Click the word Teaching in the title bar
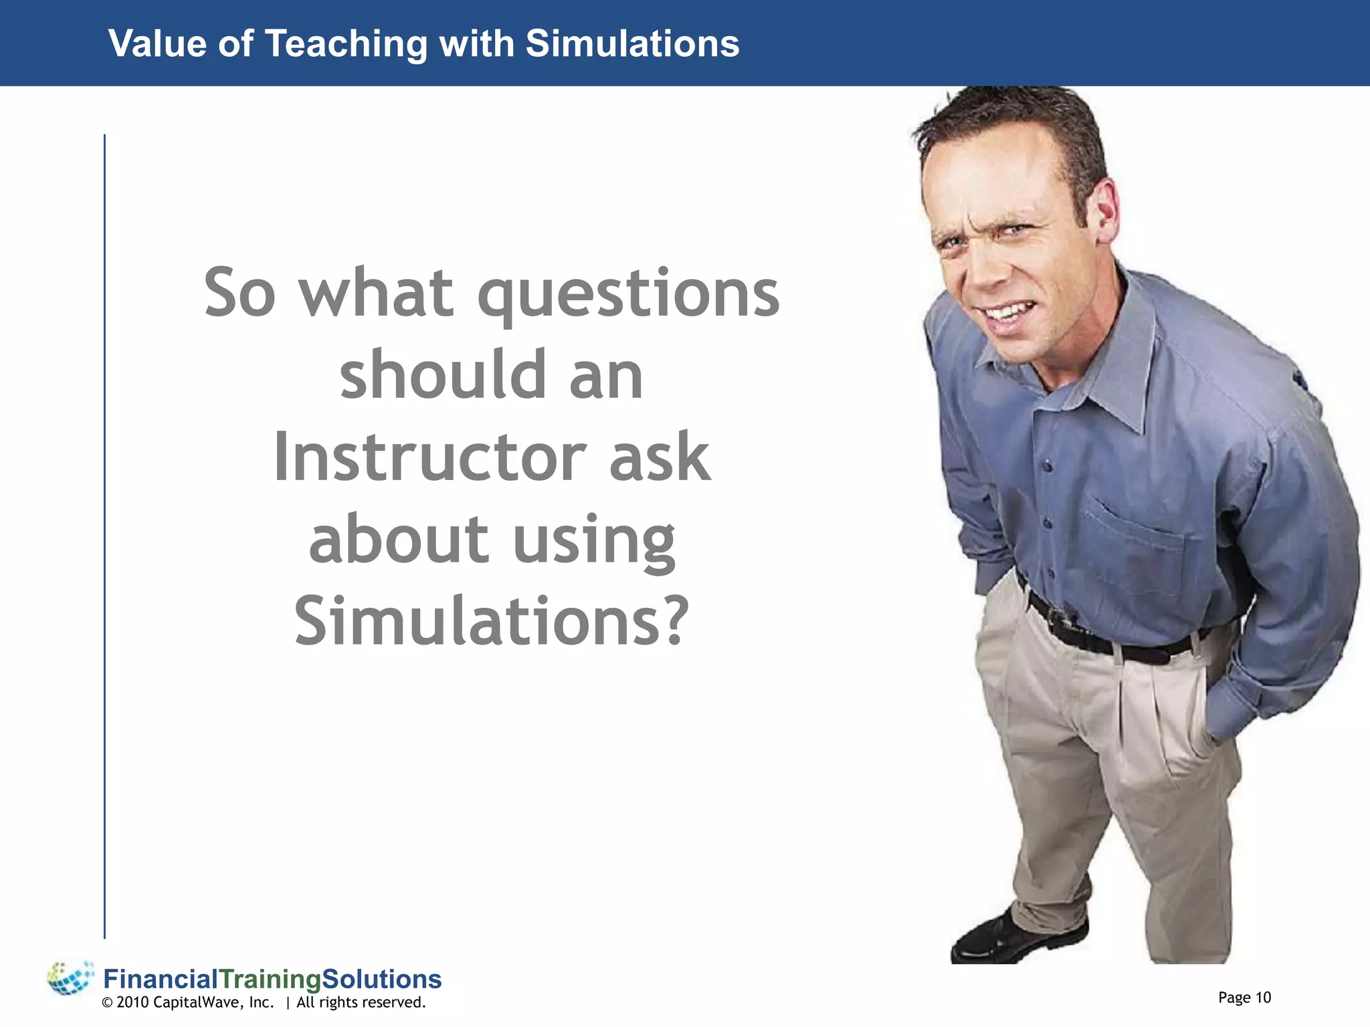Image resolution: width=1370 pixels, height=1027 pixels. (346, 44)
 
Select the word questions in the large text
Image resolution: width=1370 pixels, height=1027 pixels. (628, 295)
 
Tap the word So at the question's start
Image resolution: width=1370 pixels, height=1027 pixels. (239, 294)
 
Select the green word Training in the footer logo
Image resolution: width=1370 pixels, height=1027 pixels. (270, 980)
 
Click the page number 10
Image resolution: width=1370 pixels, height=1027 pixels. (1262, 998)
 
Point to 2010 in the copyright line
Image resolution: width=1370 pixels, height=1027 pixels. (132, 1002)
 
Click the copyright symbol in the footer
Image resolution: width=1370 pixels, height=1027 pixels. (107, 1003)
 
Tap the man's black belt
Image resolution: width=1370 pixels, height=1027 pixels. (1110, 639)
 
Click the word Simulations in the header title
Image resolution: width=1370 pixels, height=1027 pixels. (632, 44)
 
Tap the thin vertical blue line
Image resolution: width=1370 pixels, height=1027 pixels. (104, 535)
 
